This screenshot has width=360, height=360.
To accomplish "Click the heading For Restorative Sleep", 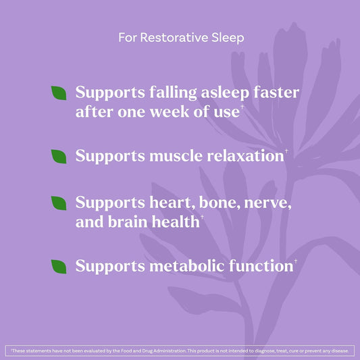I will pyautogui.click(x=181, y=37).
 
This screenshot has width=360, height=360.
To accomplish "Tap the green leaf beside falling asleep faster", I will pyautogui.click(x=60, y=93).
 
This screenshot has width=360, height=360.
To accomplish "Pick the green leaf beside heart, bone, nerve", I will pyautogui.click(x=60, y=203).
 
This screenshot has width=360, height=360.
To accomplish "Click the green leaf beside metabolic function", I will pyautogui.click(x=60, y=265).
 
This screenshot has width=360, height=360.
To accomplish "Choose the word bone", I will pyautogui.click(x=217, y=203).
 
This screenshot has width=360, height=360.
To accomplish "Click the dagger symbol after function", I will pyautogui.click(x=295, y=260).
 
